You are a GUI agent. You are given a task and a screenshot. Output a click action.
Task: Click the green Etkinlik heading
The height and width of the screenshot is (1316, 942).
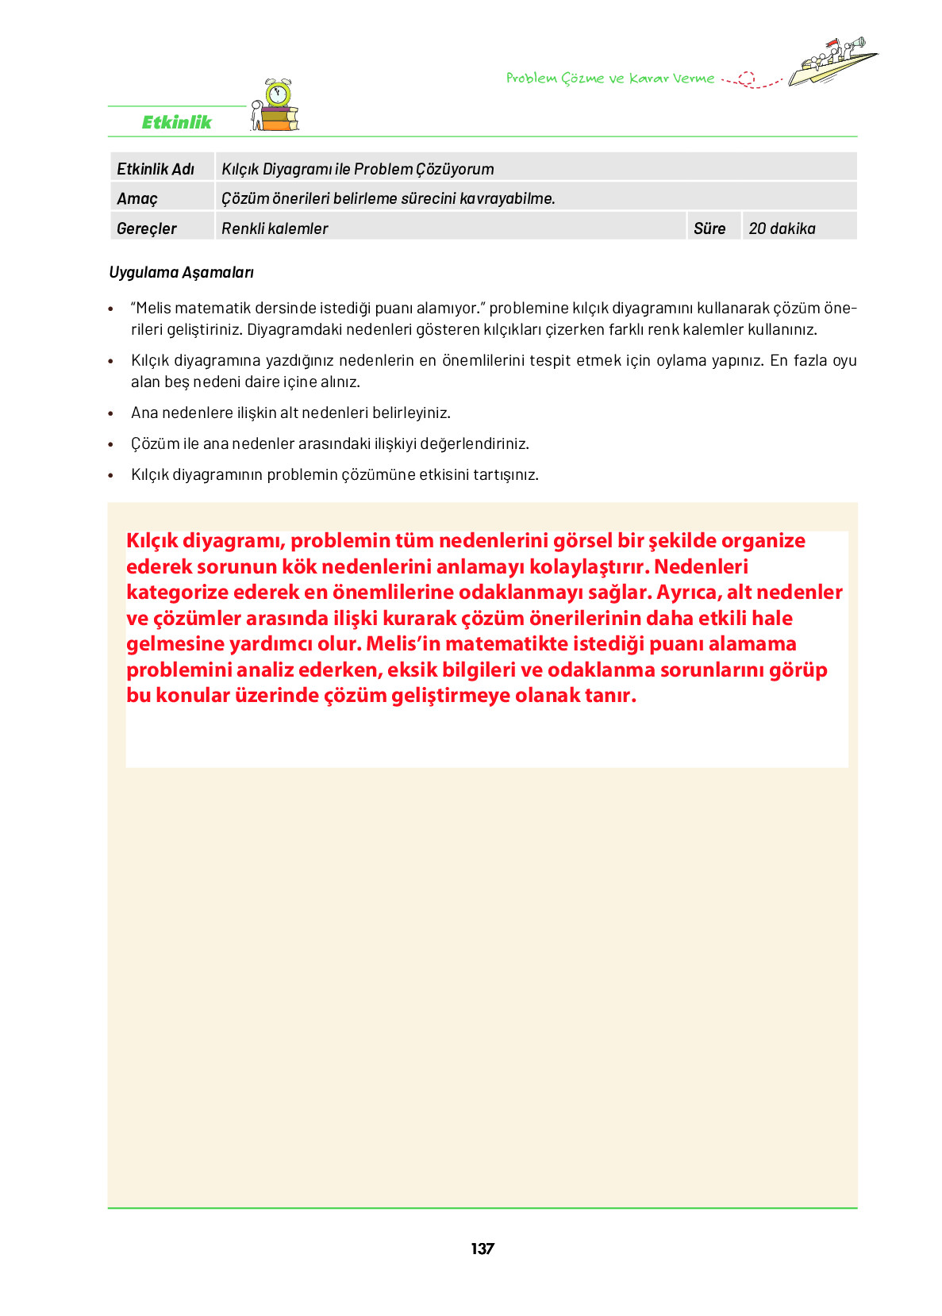[176, 122]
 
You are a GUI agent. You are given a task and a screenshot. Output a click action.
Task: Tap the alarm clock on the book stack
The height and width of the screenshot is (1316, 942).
[278, 94]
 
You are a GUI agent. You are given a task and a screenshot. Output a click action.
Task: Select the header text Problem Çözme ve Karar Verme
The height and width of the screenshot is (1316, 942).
[609, 79]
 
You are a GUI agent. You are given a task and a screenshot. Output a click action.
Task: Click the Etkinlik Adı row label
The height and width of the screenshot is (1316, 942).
[156, 169]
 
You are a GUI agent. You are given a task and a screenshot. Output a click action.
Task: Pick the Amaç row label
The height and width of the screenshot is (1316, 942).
[137, 198]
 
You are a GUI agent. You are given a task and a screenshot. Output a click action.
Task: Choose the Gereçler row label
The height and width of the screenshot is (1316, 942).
[147, 228]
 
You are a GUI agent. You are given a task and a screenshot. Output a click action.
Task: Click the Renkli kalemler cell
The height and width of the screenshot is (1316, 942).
[275, 228]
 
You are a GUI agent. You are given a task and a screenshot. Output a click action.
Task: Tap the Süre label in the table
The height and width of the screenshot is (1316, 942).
[709, 228]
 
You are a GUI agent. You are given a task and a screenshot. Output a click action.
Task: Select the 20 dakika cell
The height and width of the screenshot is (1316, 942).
[782, 228]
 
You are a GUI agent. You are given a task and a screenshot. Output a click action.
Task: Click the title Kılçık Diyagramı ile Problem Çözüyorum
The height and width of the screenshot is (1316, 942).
[358, 169]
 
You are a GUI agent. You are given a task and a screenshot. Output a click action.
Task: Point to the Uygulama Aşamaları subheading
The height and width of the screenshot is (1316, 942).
[182, 272]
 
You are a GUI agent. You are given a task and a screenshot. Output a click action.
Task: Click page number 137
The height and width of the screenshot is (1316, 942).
[482, 1249]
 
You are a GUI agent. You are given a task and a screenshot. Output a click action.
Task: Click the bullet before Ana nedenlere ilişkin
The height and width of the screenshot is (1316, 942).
[111, 414]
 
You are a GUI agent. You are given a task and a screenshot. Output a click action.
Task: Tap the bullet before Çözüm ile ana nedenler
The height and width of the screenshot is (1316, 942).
[111, 445]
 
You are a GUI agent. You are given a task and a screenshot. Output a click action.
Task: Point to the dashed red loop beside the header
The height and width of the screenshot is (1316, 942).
[746, 79]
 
